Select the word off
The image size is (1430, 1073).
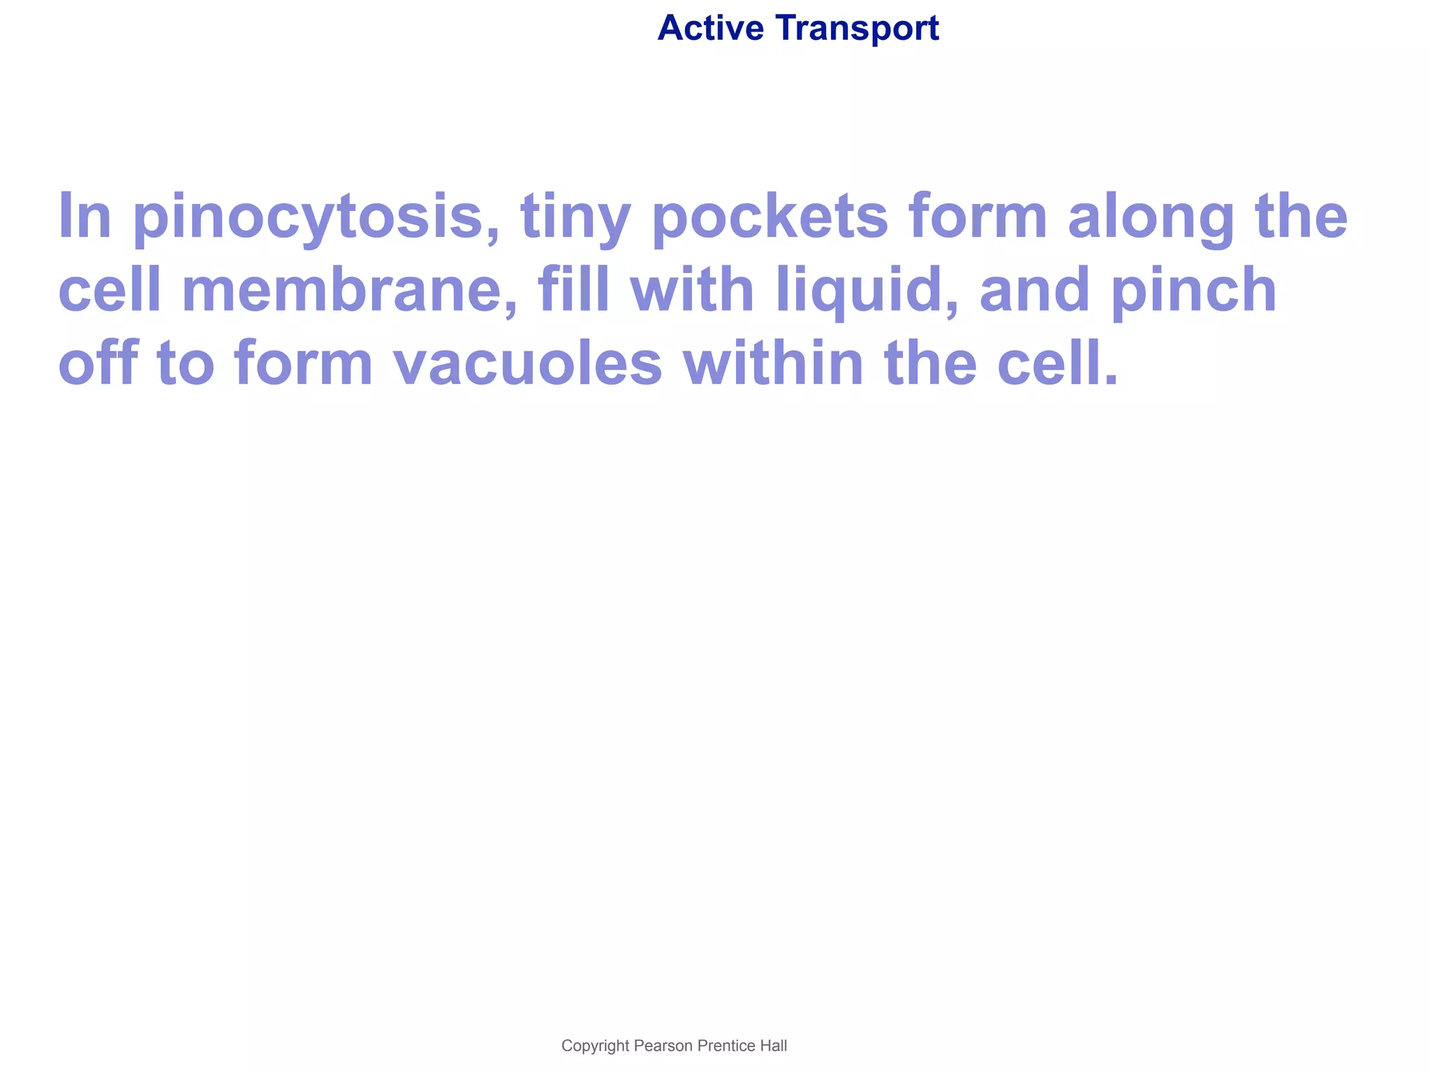point(97,363)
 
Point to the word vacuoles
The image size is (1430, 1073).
point(527,363)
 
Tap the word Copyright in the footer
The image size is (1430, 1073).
point(595,1046)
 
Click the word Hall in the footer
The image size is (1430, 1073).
point(774,1046)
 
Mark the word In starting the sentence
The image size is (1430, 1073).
point(84,217)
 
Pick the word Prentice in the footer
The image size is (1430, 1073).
point(726,1046)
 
